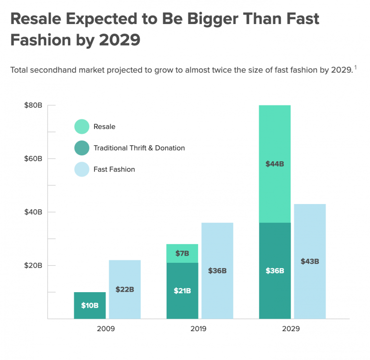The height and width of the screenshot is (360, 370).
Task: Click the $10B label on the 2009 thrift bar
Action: pyautogui.click(x=90, y=306)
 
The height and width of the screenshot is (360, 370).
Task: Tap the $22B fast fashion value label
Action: pyautogui.click(x=125, y=289)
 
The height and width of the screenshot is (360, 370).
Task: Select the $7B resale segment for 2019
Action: pyautogui.click(x=182, y=253)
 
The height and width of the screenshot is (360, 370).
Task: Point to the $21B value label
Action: pyautogui.click(x=182, y=290)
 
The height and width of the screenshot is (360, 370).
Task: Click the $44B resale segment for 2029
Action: pyautogui.click(x=275, y=164)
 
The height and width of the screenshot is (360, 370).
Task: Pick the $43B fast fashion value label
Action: pyautogui.click(x=310, y=261)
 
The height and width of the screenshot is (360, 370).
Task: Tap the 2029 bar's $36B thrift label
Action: pyautogui.click(x=275, y=270)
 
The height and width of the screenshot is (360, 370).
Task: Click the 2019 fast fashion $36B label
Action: pyautogui.click(x=217, y=270)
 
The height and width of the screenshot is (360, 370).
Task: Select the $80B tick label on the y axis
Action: pyautogui.click(x=33, y=105)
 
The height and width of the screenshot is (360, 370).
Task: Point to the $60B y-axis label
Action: pyautogui.click(x=33, y=159)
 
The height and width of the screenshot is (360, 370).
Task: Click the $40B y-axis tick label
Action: pyautogui.click(x=33, y=212)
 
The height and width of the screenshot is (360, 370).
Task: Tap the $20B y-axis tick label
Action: pyautogui.click(x=33, y=266)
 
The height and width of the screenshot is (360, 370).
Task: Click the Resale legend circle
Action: pyautogui.click(x=82, y=127)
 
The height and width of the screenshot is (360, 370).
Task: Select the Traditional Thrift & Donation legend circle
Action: pyautogui.click(x=82, y=148)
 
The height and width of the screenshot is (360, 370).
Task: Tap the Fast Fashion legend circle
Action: pyautogui.click(x=82, y=169)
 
